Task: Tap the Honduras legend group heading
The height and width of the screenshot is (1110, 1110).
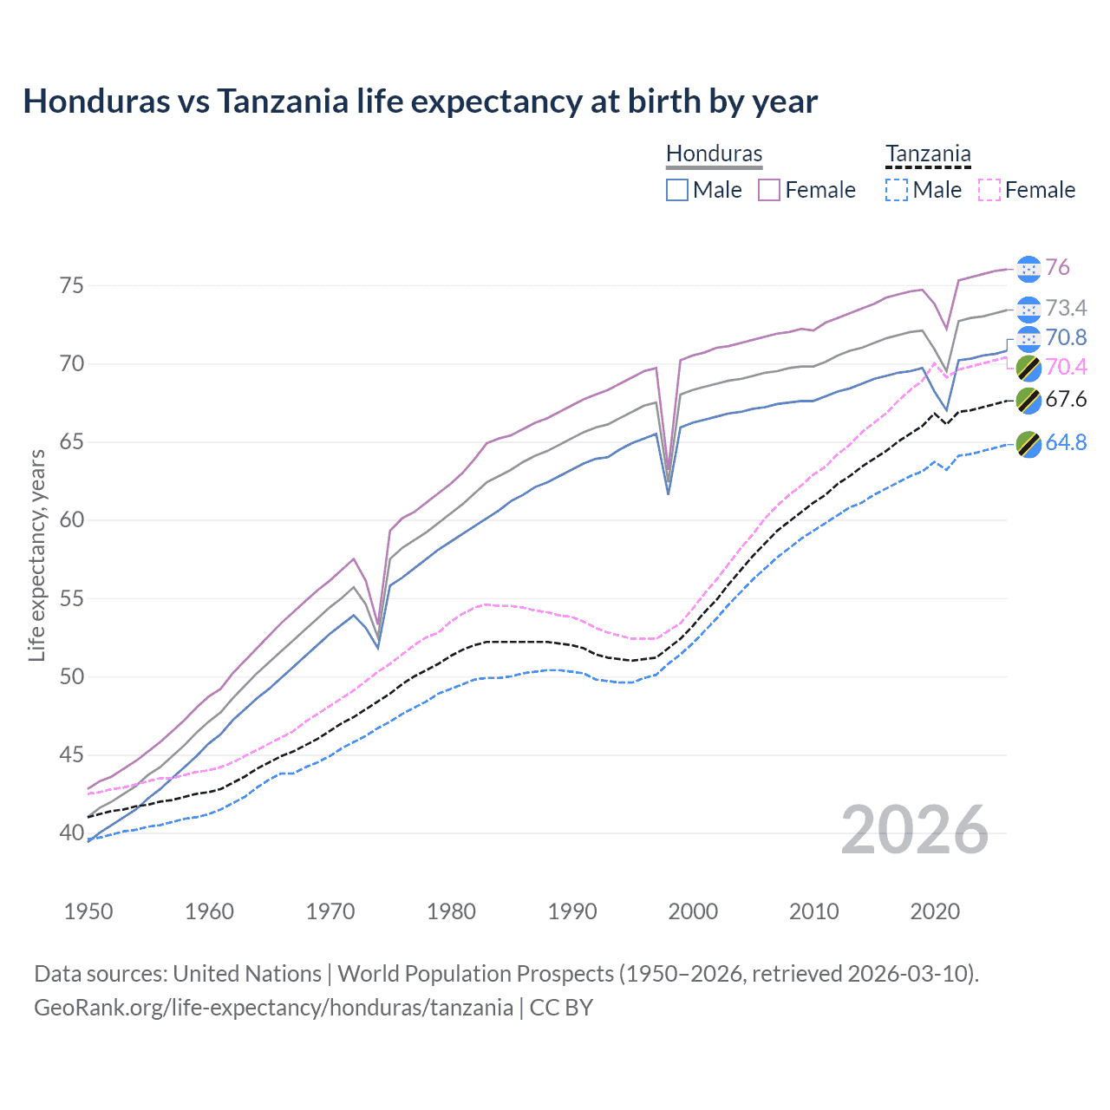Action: (x=714, y=153)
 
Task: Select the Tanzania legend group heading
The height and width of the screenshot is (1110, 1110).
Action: (x=927, y=153)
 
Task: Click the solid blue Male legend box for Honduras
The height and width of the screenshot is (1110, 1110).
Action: (x=677, y=190)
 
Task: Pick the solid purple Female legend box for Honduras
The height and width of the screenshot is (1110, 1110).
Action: (x=769, y=190)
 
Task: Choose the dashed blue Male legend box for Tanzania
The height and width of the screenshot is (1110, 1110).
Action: (x=897, y=190)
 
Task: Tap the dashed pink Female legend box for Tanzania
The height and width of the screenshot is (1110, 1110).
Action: (x=989, y=190)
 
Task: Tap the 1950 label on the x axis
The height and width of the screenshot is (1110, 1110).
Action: (x=88, y=911)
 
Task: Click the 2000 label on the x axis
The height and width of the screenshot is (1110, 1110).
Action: (x=693, y=911)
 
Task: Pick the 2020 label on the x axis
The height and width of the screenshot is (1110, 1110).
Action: (x=935, y=911)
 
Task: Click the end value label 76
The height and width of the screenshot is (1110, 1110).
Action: (x=1057, y=268)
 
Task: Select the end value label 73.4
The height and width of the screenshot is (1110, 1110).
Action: (x=1066, y=308)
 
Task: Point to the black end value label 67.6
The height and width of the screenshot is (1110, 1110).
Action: (x=1066, y=399)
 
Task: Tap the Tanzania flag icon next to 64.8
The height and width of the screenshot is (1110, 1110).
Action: (x=1028, y=443)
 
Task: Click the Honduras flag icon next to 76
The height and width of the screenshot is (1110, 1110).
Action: (x=1028, y=269)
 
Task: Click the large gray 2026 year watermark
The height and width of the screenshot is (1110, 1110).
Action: (x=914, y=830)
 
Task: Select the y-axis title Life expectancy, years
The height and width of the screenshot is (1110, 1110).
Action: (x=36, y=555)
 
